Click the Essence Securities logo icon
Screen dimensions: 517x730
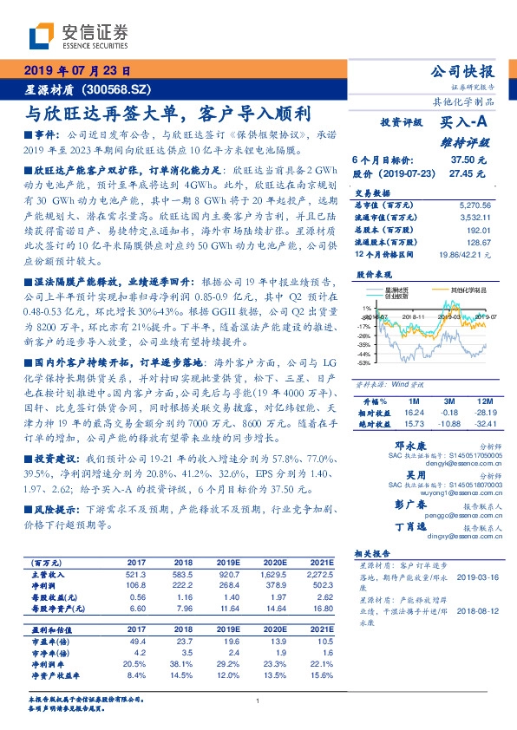click(43, 36)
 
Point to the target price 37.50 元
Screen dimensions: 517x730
click(468, 160)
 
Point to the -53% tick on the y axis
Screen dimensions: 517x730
click(365, 363)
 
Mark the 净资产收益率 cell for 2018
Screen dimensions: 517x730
click(182, 675)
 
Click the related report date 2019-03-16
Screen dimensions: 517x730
click(474, 576)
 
